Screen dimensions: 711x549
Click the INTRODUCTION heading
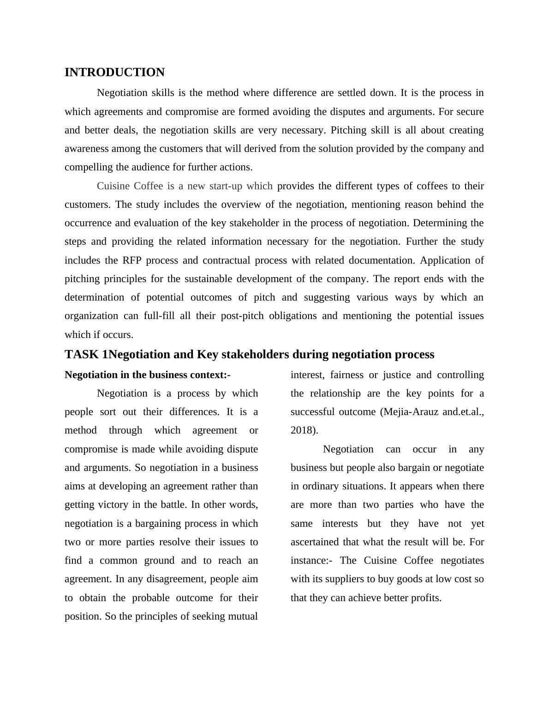tap(114, 72)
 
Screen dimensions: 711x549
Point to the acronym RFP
tap(132, 260)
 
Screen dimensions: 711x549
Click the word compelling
tap(88, 167)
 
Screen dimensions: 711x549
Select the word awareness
tap(86, 149)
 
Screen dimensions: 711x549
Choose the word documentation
tap(382, 260)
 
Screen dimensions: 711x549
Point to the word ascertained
tap(315, 542)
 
